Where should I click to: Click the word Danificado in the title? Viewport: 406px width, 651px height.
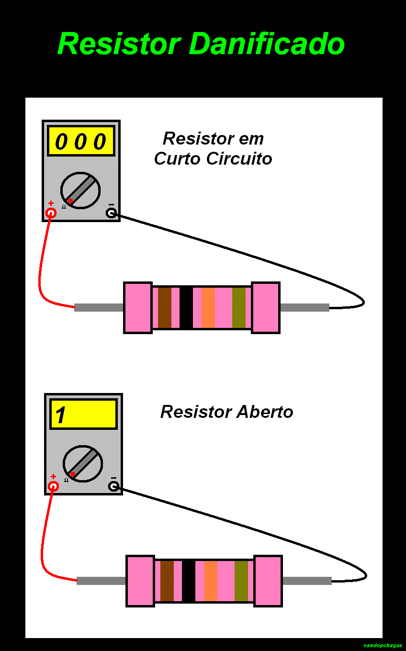click(x=267, y=44)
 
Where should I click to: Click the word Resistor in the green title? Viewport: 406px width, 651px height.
click(x=119, y=44)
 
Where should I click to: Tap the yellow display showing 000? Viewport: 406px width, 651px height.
click(x=81, y=141)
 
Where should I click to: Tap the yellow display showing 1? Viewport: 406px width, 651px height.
click(x=83, y=414)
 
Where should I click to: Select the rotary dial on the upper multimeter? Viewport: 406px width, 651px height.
click(x=80, y=191)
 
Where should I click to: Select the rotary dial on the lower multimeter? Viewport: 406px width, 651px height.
click(x=83, y=464)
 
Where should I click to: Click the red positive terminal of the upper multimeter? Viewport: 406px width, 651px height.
click(x=51, y=213)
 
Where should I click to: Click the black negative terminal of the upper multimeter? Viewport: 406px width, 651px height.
click(x=111, y=213)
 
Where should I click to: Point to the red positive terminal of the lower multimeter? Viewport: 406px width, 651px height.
click(x=53, y=486)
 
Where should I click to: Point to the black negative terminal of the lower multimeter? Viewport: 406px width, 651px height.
click(x=113, y=486)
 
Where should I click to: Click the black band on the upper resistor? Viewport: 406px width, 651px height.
click(x=186, y=307)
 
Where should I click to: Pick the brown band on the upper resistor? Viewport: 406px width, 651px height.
click(x=165, y=307)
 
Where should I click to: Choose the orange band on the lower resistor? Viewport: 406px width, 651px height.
click(x=210, y=581)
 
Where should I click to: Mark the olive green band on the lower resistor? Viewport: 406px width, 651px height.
click(x=241, y=581)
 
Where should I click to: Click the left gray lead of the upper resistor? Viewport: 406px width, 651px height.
click(x=99, y=307)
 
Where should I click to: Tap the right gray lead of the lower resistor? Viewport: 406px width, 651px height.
click(x=307, y=581)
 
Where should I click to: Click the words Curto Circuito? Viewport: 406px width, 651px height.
click(x=213, y=159)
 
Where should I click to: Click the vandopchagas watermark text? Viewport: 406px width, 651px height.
click(x=383, y=645)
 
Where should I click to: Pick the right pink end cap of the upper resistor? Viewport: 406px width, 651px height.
click(x=265, y=307)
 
